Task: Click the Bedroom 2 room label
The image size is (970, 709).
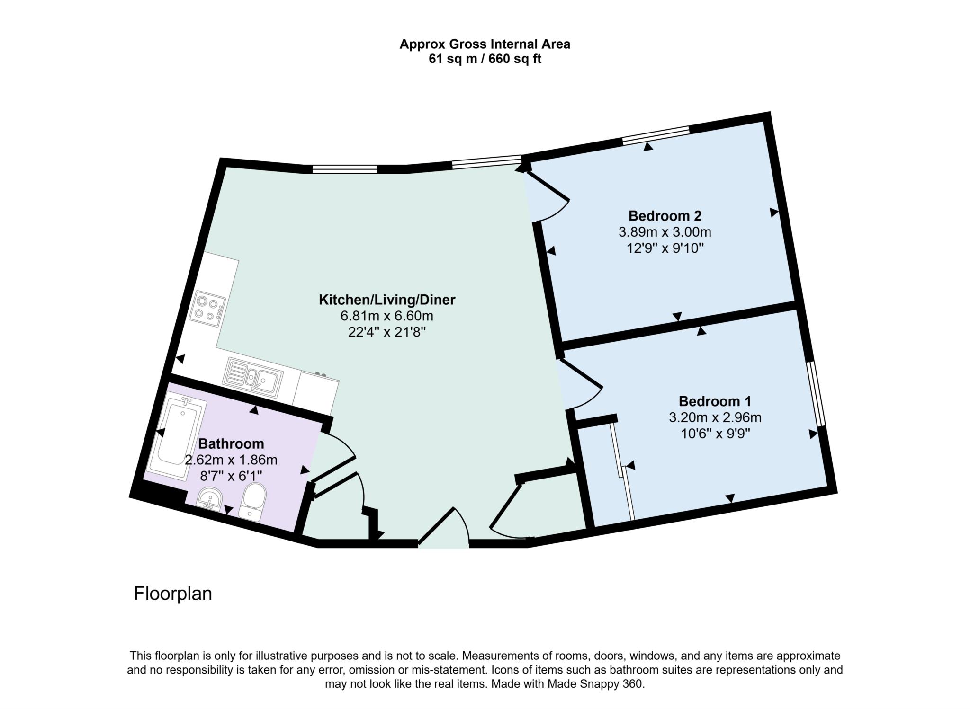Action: tap(665, 216)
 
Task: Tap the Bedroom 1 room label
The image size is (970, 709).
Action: tap(715, 401)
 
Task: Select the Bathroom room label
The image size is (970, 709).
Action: tap(231, 444)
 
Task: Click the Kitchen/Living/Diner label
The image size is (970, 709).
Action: tap(387, 300)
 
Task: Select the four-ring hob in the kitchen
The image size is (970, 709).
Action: tap(207, 308)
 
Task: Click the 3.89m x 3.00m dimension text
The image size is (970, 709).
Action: tap(665, 232)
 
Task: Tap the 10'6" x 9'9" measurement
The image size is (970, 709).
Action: tap(715, 434)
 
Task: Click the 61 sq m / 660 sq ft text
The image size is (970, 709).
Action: tap(485, 59)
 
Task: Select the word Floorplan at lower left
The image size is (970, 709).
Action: tap(173, 594)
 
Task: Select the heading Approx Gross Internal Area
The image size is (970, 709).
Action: tap(485, 44)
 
